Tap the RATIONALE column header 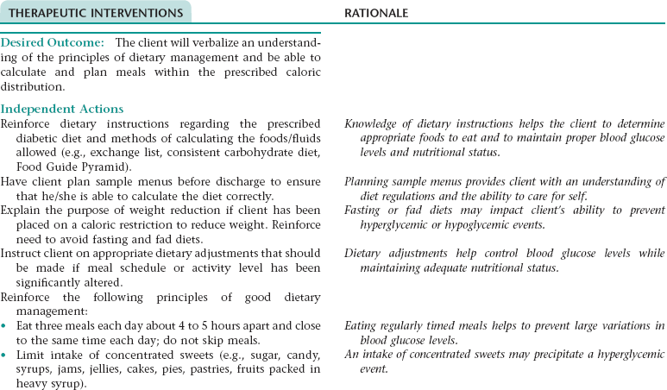[x=376, y=13]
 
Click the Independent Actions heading [x=62, y=109]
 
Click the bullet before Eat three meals [x=4, y=327]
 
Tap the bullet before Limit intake [x=4, y=355]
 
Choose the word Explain [x=21, y=210]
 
